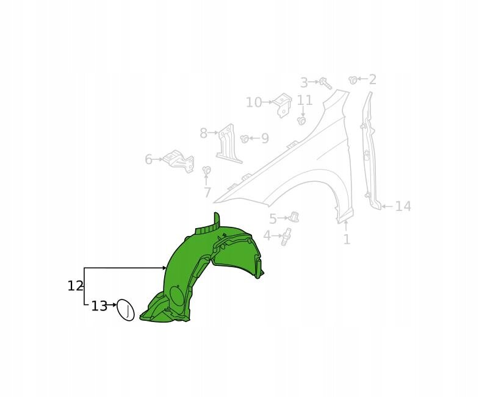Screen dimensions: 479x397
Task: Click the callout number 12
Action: coord(75,286)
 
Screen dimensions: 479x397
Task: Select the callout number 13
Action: coord(99,306)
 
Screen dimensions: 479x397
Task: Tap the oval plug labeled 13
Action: coord(126,310)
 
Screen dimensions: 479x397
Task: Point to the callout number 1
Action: coord(347,240)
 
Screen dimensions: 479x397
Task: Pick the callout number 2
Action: coord(372,79)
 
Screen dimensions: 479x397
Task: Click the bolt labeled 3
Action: coord(325,83)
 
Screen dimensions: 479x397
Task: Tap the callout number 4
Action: coord(267,235)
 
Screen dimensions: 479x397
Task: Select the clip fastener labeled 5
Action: coord(294,216)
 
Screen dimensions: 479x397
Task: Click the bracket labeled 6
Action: coord(179,161)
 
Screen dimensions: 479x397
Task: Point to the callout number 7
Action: coord(207,192)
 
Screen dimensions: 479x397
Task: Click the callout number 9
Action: coord(265,138)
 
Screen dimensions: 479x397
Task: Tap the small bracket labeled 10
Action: coord(283,105)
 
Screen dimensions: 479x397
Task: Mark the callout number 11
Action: coord(305,100)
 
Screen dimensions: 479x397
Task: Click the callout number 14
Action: coord(403,207)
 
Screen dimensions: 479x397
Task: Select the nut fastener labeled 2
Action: coord(353,80)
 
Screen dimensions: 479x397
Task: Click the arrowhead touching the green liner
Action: coord(164,268)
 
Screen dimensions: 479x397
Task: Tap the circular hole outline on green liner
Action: coord(177,295)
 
